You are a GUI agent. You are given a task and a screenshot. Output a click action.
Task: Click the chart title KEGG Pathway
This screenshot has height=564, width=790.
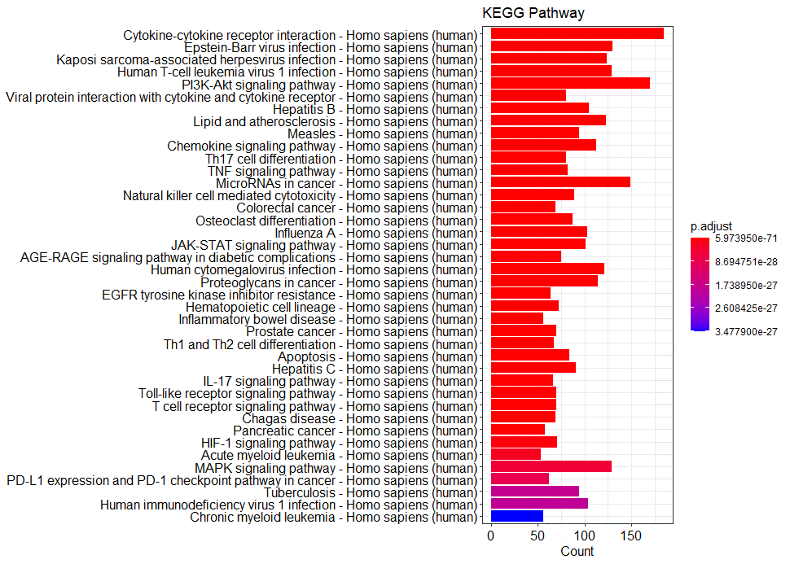point(533,13)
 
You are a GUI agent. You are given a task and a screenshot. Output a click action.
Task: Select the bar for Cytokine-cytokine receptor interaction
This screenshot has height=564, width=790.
point(577,33)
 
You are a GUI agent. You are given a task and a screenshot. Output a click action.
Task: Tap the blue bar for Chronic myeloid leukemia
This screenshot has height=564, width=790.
point(516,516)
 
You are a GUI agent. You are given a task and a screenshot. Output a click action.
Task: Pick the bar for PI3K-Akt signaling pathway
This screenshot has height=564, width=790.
point(570,83)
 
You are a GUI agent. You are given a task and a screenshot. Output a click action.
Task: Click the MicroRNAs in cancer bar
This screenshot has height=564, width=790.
point(560,182)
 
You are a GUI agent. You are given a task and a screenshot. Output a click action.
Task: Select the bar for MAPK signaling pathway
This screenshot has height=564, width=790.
point(551,466)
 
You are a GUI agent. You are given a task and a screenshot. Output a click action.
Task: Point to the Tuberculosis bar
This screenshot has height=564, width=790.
point(534,492)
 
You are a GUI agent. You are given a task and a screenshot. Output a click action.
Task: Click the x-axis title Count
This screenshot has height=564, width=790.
point(577,551)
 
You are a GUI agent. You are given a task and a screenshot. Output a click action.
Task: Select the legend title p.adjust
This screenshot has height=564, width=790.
point(711,225)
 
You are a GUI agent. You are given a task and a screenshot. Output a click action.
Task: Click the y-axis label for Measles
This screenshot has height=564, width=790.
point(382,133)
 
